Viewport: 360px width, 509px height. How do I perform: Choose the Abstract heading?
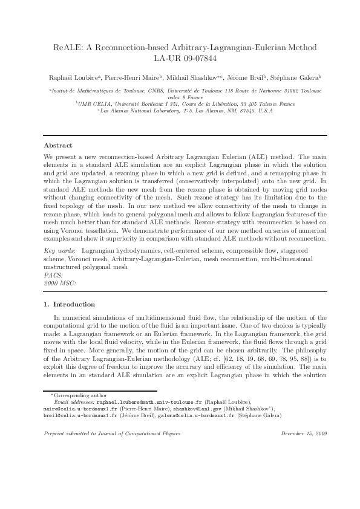(58, 146)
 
